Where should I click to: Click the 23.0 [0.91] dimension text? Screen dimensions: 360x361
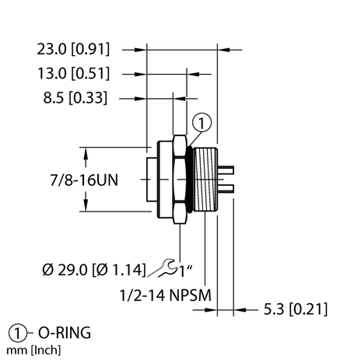[75, 49]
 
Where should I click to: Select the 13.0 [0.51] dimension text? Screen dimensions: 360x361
[75, 74]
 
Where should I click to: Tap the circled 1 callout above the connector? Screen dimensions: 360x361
[201, 122]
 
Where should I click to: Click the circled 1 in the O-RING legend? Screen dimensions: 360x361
[15, 333]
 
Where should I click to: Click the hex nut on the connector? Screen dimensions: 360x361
[180, 179]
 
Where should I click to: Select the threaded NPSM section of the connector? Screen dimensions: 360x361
[205, 179]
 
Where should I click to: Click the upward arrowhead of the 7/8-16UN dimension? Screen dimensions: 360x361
[83, 151]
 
